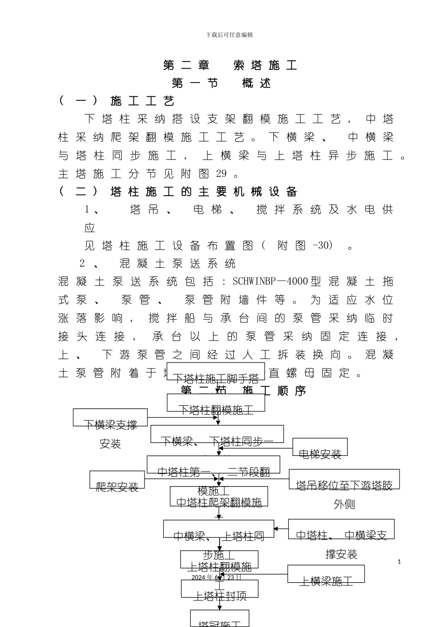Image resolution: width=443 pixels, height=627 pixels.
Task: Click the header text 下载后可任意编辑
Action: pyautogui.click(x=229, y=35)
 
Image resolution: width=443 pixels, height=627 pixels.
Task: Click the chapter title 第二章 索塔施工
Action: pyautogui.click(x=230, y=65)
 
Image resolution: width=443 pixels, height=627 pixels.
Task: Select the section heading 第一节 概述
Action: pyautogui.click(x=221, y=84)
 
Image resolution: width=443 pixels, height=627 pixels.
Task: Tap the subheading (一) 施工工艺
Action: pyautogui.click(x=117, y=101)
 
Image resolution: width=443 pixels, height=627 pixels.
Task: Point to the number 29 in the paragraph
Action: pyautogui.click(x=221, y=174)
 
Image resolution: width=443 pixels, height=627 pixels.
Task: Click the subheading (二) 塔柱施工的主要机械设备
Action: pyautogui.click(x=178, y=192)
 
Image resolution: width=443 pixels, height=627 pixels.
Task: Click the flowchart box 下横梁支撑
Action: pyautogui.click(x=110, y=418)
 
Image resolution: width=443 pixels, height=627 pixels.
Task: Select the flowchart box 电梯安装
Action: pyautogui.click(x=320, y=448)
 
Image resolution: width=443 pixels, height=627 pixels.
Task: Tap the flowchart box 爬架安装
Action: pyautogui.click(x=117, y=481)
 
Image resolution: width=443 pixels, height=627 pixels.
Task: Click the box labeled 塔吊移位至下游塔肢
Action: pyautogui.click(x=344, y=480)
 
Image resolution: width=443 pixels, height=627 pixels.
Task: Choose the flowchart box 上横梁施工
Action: pyautogui.click(x=325, y=575)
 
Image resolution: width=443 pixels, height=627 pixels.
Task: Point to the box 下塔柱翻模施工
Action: pyautogui.click(x=216, y=404)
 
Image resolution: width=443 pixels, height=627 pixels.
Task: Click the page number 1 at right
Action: pyautogui.click(x=399, y=562)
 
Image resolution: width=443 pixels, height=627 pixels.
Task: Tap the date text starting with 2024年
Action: pyautogui.click(x=216, y=577)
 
